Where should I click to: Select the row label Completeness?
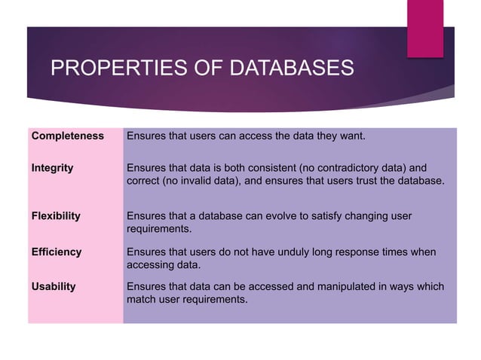[67, 136]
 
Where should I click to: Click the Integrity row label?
[52, 167]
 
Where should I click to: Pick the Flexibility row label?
[56, 215]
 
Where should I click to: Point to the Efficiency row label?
[56, 252]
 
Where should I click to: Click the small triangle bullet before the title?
[35, 69]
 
